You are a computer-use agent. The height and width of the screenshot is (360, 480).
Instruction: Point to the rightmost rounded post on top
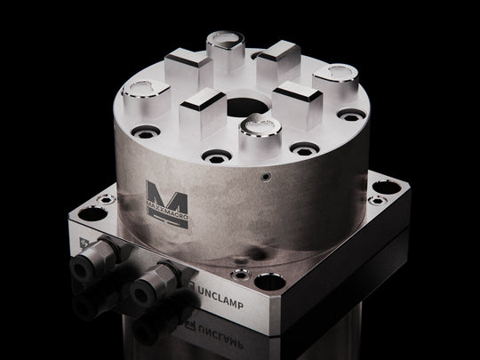click(x=338, y=75)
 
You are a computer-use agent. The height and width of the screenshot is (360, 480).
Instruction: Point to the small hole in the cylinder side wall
click(x=265, y=177)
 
